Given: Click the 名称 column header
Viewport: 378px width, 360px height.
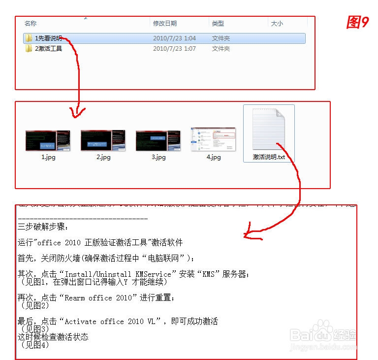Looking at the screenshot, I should [x=31, y=23].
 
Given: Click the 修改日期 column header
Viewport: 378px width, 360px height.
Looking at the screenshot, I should [x=165, y=23].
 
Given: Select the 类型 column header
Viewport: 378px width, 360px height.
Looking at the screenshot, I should [x=218, y=23].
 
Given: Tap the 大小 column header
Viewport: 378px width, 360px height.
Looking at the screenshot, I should [x=276, y=23].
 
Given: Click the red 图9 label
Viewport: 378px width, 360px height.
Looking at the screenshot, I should [x=357, y=22].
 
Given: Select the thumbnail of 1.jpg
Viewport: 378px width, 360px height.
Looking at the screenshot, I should [x=48, y=140].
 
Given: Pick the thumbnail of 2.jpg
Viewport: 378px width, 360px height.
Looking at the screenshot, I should [x=103, y=140].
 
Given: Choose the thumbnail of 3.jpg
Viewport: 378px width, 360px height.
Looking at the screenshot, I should [x=158, y=140].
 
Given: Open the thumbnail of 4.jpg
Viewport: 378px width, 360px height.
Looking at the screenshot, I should [x=213, y=139].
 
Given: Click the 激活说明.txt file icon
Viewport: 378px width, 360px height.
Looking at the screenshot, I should [x=269, y=129].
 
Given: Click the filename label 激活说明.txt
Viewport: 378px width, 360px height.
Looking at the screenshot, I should [x=269, y=157].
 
